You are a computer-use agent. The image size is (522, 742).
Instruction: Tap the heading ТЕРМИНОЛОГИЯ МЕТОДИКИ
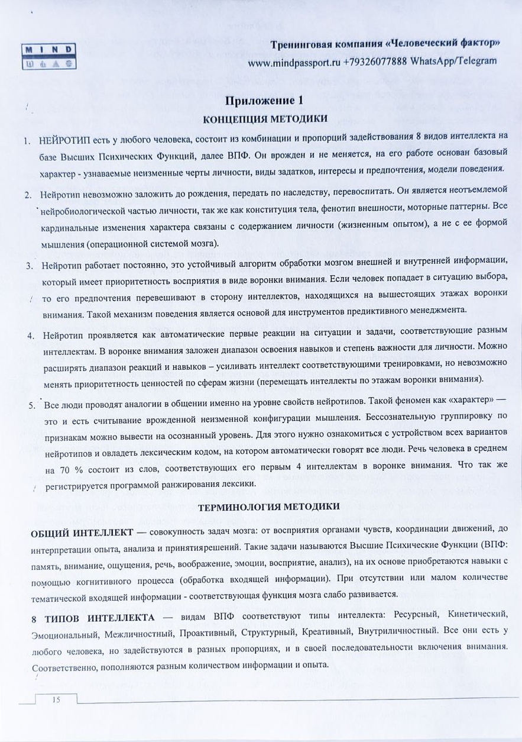[x=268, y=507]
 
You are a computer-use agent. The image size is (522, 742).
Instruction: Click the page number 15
[x=57, y=700]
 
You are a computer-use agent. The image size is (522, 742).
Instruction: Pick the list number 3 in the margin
[x=28, y=265]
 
